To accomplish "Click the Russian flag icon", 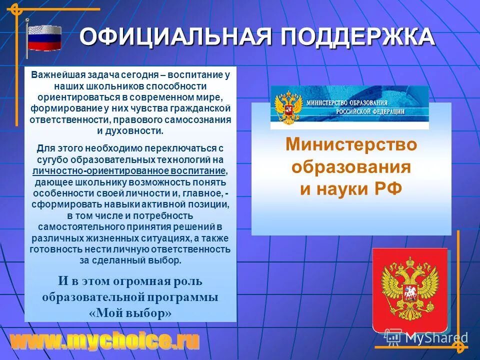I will click(x=44, y=37).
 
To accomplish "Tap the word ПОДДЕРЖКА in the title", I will click(x=356, y=37).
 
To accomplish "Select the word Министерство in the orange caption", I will click(x=351, y=145).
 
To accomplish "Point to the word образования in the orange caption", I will click(x=351, y=167).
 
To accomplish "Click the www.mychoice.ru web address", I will click(x=105, y=341).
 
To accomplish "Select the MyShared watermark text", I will click(x=436, y=338).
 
